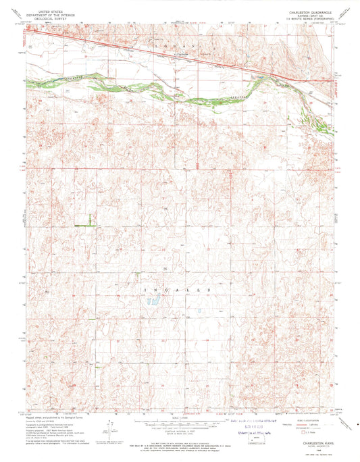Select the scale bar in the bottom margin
click(x=180, y=423)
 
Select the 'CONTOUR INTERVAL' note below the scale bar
click(x=180, y=430)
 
